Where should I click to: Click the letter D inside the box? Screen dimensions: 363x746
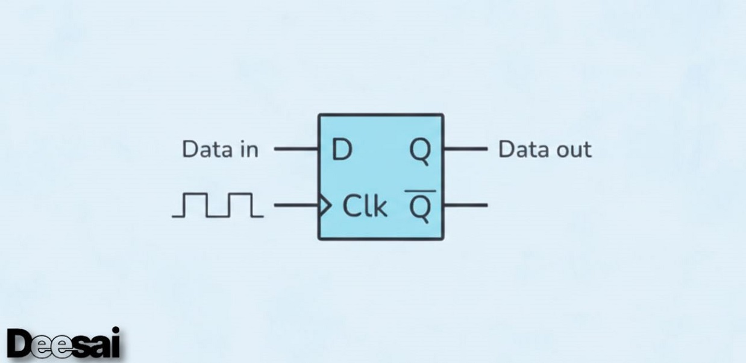pyautogui.click(x=342, y=150)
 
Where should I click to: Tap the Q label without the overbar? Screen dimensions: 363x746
pyautogui.click(x=421, y=151)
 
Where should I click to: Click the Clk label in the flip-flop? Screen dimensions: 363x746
pyautogui.click(x=365, y=206)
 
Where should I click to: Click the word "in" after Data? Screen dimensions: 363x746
pyautogui.click(x=247, y=150)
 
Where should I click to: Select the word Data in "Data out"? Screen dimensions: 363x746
pyautogui.click(x=521, y=150)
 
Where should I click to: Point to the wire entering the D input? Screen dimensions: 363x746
pyautogui.click(x=296, y=148)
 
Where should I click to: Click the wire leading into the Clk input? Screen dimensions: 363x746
pyautogui.click(x=296, y=206)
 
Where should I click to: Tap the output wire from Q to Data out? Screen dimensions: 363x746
pyautogui.click(x=465, y=148)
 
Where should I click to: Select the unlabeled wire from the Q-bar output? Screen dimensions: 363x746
pyautogui.click(x=465, y=205)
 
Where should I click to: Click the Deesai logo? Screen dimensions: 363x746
pyautogui.click(x=64, y=345)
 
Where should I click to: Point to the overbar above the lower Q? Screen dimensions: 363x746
pyautogui.click(x=420, y=191)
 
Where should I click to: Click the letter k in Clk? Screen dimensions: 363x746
pyautogui.click(x=380, y=206)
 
